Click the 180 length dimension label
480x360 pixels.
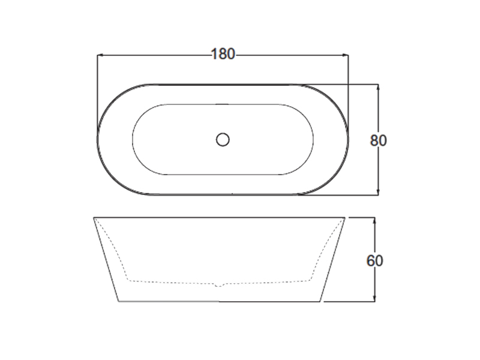(x=223, y=54)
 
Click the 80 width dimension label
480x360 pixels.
(x=379, y=140)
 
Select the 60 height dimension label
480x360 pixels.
(x=374, y=261)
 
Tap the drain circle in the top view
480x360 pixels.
(x=223, y=140)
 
